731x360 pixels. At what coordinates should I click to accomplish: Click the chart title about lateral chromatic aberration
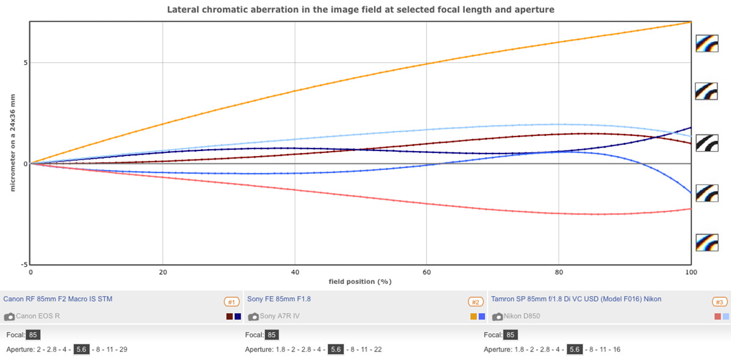click(x=361, y=10)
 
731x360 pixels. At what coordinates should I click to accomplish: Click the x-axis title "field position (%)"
click(x=359, y=281)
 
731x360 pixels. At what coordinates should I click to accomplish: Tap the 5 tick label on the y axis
click(x=25, y=63)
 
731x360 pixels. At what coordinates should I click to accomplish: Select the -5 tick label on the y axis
click(x=23, y=264)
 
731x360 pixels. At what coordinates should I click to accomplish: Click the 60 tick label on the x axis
click(x=426, y=272)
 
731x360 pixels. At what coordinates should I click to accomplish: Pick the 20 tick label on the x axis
click(x=163, y=272)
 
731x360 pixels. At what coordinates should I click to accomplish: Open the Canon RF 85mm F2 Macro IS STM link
click(x=58, y=299)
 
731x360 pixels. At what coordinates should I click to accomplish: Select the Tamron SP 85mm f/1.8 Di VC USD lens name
click(x=576, y=299)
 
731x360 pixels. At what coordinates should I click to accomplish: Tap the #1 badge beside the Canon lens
click(x=231, y=302)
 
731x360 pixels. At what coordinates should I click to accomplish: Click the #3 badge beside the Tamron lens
click(x=719, y=302)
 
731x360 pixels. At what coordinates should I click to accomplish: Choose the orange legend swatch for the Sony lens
click(x=473, y=317)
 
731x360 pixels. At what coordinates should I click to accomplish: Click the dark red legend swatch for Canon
click(x=230, y=317)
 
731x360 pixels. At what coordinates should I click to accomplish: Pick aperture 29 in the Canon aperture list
click(x=122, y=349)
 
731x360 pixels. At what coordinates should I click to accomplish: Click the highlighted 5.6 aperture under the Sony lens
click(x=335, y=349)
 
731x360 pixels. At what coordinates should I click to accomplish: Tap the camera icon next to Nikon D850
click(x=497, y=317)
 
